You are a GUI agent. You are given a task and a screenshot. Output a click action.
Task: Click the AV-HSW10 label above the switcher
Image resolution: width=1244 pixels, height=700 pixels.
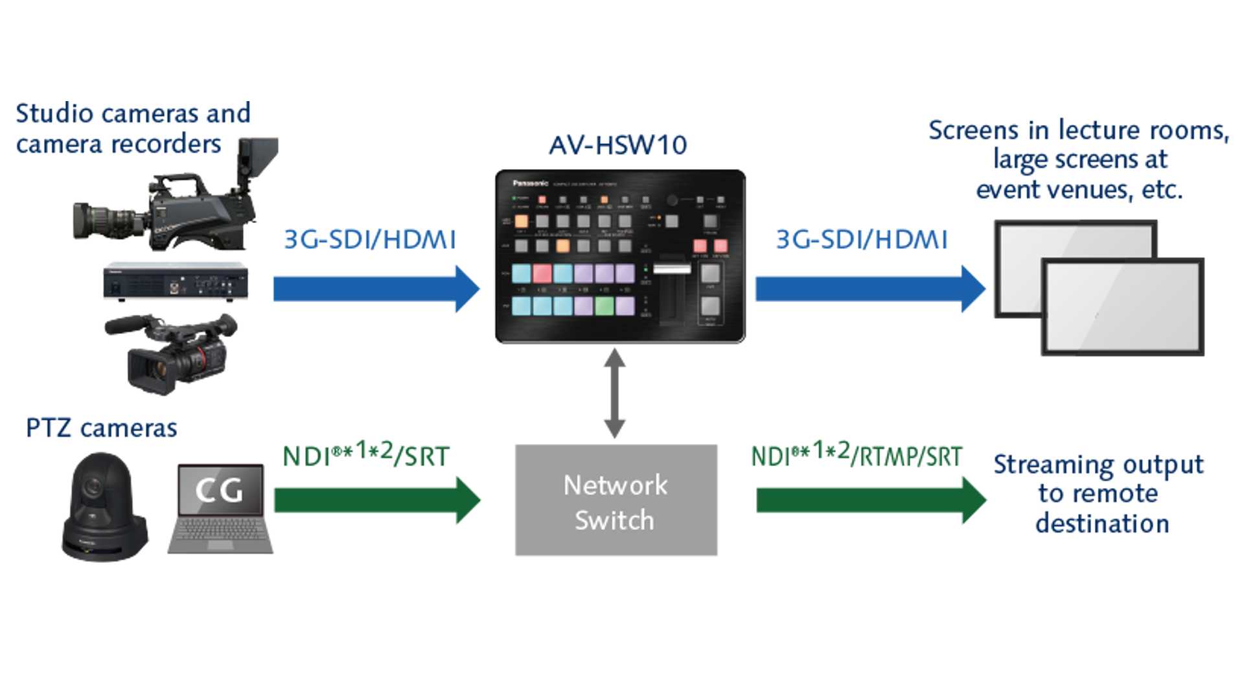coord(617,145)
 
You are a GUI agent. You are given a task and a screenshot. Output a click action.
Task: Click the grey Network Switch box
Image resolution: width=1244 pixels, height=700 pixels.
coord(616,500)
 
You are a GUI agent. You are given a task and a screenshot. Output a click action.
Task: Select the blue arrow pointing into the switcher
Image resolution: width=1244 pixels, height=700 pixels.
coord(376,288)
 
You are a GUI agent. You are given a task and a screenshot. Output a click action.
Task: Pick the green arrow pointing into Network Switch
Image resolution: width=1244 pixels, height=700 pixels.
coord(376,500)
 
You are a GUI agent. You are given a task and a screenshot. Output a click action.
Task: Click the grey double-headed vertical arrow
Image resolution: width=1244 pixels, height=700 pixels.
coord(614,393)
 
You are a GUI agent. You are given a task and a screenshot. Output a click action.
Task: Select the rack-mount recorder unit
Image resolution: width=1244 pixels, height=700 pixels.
coord(175,281)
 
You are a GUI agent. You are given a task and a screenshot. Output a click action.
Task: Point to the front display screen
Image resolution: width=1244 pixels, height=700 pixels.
coord(1122,307)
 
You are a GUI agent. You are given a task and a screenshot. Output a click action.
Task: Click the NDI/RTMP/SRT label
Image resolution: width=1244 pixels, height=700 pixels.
coord(857,455)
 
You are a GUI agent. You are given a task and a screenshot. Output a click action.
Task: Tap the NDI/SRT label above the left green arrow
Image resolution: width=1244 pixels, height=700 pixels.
coord(365,455)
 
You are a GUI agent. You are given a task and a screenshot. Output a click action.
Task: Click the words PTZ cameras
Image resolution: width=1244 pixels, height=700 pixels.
coord(101,428)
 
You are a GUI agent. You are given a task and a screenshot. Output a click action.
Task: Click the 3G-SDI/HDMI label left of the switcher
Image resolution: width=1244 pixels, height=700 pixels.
coord(370,240)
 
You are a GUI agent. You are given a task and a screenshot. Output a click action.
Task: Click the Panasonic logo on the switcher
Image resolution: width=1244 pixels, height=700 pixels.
coord(530,183)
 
